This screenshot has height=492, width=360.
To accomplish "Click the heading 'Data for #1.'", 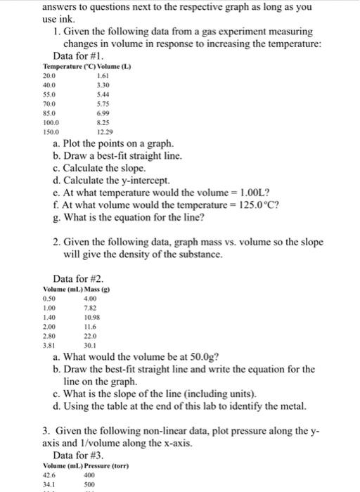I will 79,56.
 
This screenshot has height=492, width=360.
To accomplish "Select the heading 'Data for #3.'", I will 79,455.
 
